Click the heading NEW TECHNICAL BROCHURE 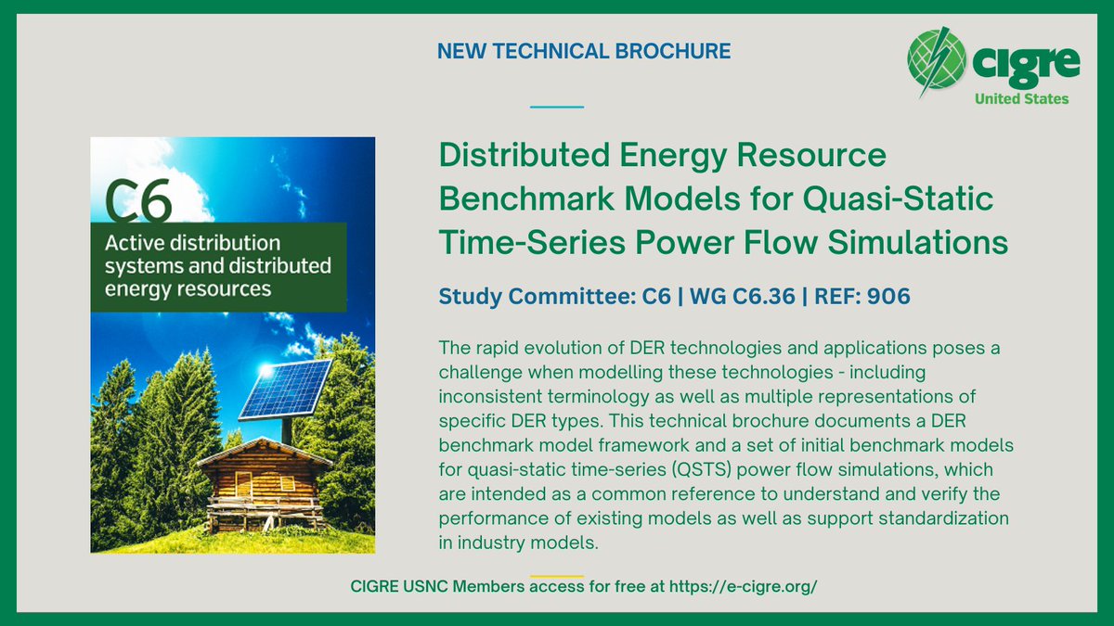pyautogui.click(x=584, y=52)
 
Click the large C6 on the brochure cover pyautogui.click(x=139, y=198)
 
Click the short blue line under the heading pyautogui.click(x=556, y=107)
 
